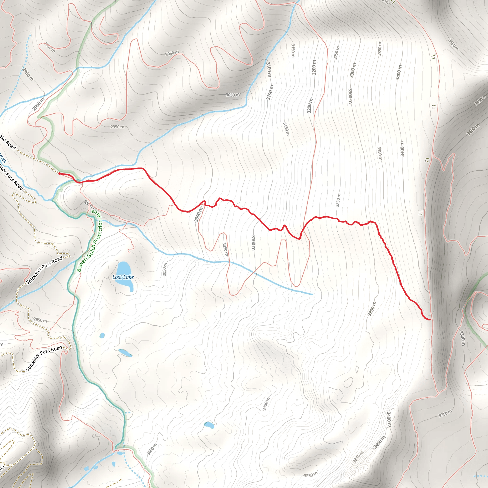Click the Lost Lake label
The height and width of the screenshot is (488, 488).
tap(123, 277)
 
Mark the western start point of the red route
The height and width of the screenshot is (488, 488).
tap(60, 173)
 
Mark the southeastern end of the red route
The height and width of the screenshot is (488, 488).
tap(429, 320)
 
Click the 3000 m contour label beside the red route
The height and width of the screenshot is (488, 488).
tap(198, 214)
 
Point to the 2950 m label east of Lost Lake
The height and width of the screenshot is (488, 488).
tap(164, 269)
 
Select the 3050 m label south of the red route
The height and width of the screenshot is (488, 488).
tap(225, 249)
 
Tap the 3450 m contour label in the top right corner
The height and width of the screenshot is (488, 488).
tap(453, 45)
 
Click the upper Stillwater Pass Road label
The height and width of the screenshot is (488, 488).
tap(45, 270)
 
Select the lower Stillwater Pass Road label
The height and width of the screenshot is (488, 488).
tap(44, 358)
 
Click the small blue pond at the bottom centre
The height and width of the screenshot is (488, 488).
tap(209, 425)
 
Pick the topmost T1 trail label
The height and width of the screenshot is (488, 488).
tap(433, 57)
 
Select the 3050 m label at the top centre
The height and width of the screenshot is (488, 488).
tap(172, 53)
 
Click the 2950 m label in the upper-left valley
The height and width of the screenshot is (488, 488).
tap(117, 127)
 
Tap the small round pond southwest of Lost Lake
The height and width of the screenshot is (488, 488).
tap(102, 335)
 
